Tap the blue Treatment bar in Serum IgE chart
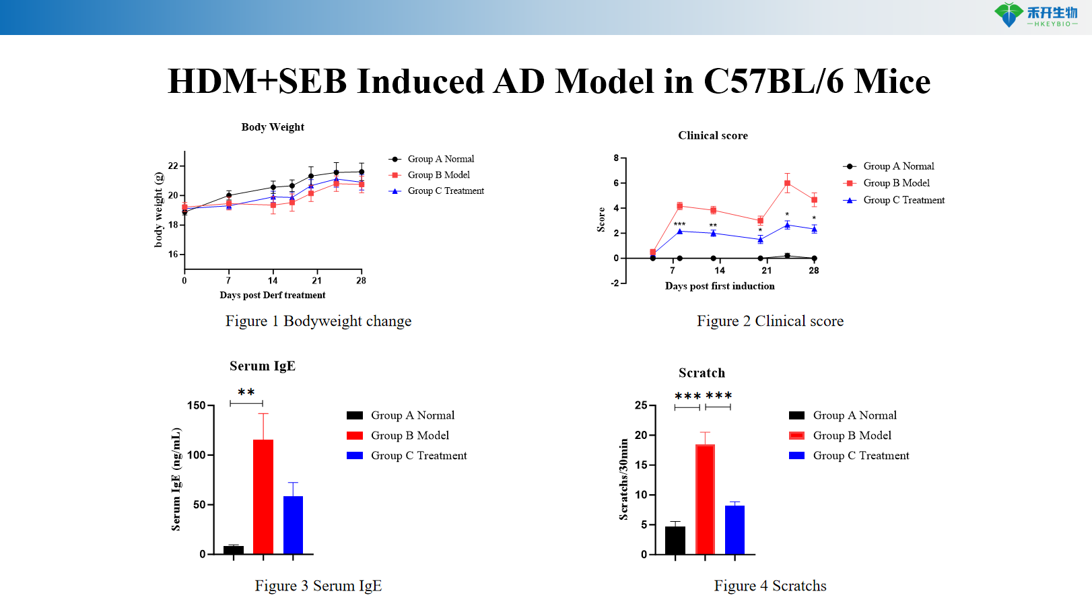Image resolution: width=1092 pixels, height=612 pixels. tap(293, 524)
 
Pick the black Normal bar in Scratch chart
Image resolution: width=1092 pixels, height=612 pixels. tap(675, 540)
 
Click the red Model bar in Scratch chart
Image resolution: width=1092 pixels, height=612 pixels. tap(705, 499)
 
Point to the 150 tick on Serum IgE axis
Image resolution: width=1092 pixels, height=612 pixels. tap(196, 405)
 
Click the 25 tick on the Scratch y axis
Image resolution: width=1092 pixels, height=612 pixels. tap(640, 405)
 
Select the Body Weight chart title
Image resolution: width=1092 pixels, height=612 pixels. tap(273, 127)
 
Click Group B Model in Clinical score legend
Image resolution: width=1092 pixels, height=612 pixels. tap(896, 183)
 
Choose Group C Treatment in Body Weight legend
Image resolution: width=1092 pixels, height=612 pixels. tap(446, 191)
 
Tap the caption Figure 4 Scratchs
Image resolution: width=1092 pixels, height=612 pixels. tap(770, 586)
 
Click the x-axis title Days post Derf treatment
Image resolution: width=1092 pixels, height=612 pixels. tap(272, 295)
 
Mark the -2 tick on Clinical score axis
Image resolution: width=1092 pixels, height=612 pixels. tap(615, 283)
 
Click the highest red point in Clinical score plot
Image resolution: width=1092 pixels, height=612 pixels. tap(787, 183)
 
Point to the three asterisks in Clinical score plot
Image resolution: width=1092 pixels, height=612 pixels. tap(679, 224)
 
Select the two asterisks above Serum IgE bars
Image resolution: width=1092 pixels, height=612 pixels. tap(246, 392)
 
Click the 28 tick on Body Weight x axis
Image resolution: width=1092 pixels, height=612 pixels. tap(361, 281)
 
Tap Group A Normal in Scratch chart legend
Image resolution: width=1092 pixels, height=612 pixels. tap(854, 415)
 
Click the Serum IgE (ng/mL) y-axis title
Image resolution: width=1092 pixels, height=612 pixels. tap(176, 479)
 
